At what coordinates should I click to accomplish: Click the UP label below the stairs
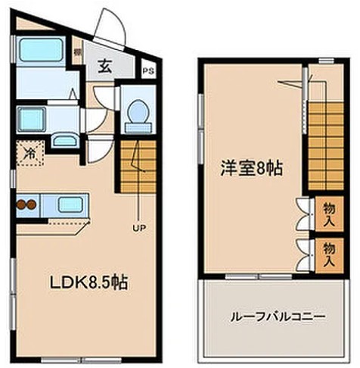(x=139, y=226)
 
